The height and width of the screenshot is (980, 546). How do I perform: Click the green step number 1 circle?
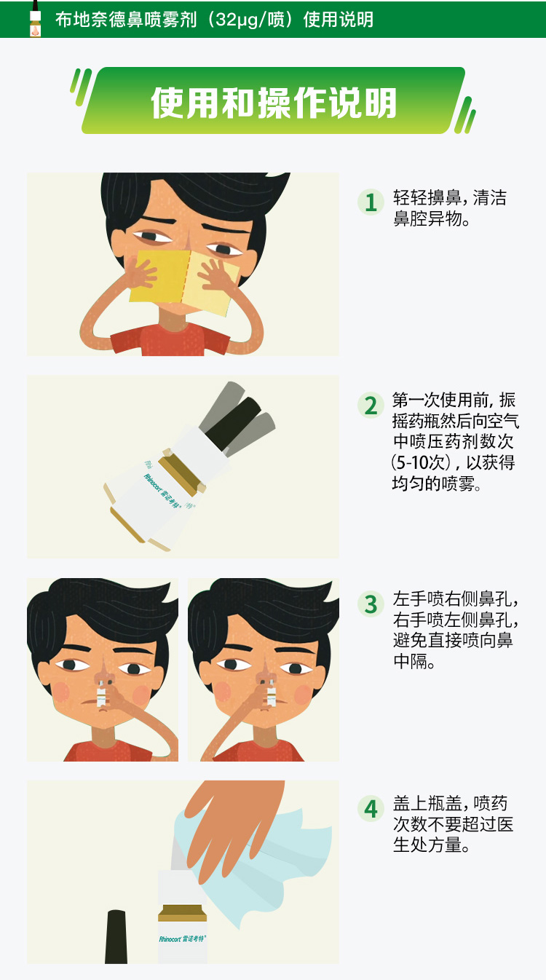tap(371, 202)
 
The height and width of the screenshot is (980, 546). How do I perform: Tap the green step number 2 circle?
tap(371, 405)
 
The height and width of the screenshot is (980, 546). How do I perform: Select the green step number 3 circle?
tap(371, 604)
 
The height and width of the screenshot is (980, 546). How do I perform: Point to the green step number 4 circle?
tap(371, 808)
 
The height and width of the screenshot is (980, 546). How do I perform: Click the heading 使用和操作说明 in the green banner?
tap(274, 103)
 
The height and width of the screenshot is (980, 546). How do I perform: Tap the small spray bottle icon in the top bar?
tap(35, 19)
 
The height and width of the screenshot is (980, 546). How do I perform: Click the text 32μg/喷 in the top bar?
tap(250, 20)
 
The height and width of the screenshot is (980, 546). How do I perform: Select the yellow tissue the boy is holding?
tap(183, 281)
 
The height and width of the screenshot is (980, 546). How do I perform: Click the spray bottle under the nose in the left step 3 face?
tap(101, 693)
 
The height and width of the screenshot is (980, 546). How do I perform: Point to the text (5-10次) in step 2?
tap(421, 462)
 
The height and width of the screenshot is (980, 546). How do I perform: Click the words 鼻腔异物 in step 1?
tap(427, 218)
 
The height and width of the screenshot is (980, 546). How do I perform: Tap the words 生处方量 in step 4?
tap(427, 845)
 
